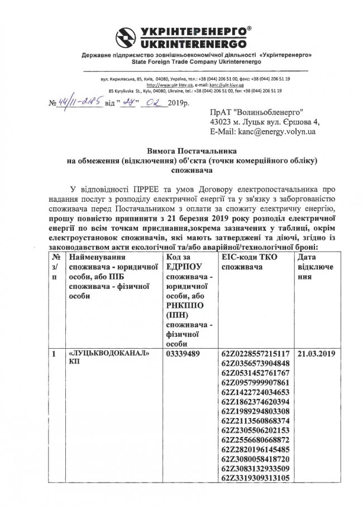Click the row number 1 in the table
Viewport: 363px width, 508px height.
[54, 354]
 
